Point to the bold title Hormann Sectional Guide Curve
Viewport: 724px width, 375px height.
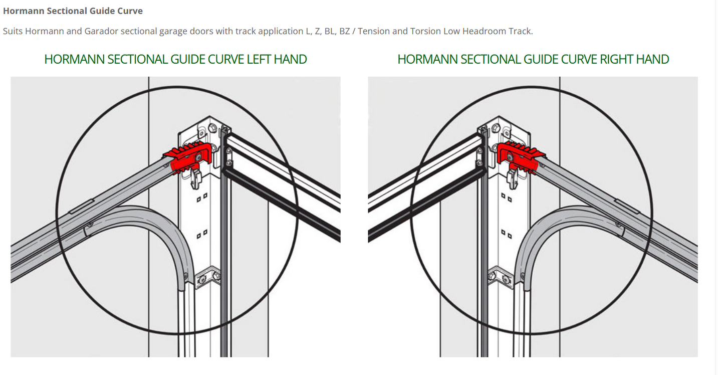tap(73, 11)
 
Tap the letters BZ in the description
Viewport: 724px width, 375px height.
tap(344, 31)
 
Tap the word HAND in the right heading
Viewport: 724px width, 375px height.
tap(652, 59)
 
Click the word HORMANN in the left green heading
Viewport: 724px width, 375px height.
tap(68, 59)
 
